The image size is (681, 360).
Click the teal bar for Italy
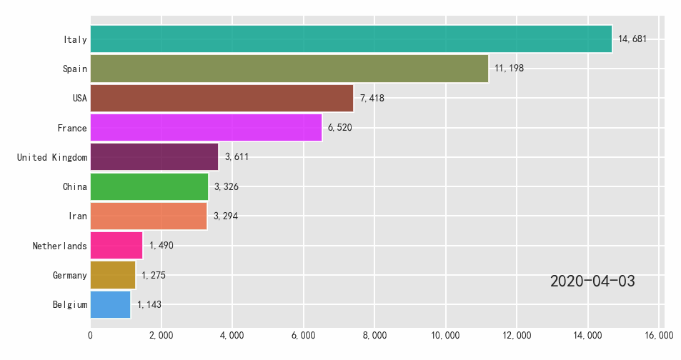351,39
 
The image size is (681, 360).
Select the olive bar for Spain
289,69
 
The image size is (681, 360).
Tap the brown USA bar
222,98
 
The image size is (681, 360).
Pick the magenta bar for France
206,128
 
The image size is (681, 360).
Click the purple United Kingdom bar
154,157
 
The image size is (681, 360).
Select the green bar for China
149,186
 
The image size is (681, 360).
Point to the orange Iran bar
149,216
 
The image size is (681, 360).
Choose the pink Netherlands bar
116,246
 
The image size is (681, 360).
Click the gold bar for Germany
113,275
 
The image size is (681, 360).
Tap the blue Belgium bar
111,304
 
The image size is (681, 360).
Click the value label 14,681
632,39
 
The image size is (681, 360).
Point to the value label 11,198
509,69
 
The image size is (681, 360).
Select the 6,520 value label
339,128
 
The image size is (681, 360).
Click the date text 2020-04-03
592,281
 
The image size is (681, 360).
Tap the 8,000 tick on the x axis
374,335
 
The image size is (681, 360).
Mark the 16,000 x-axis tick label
658,335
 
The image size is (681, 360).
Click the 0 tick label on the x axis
91,335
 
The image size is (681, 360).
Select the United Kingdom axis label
52,157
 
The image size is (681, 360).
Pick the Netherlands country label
59,246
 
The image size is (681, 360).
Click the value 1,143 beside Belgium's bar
149,304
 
